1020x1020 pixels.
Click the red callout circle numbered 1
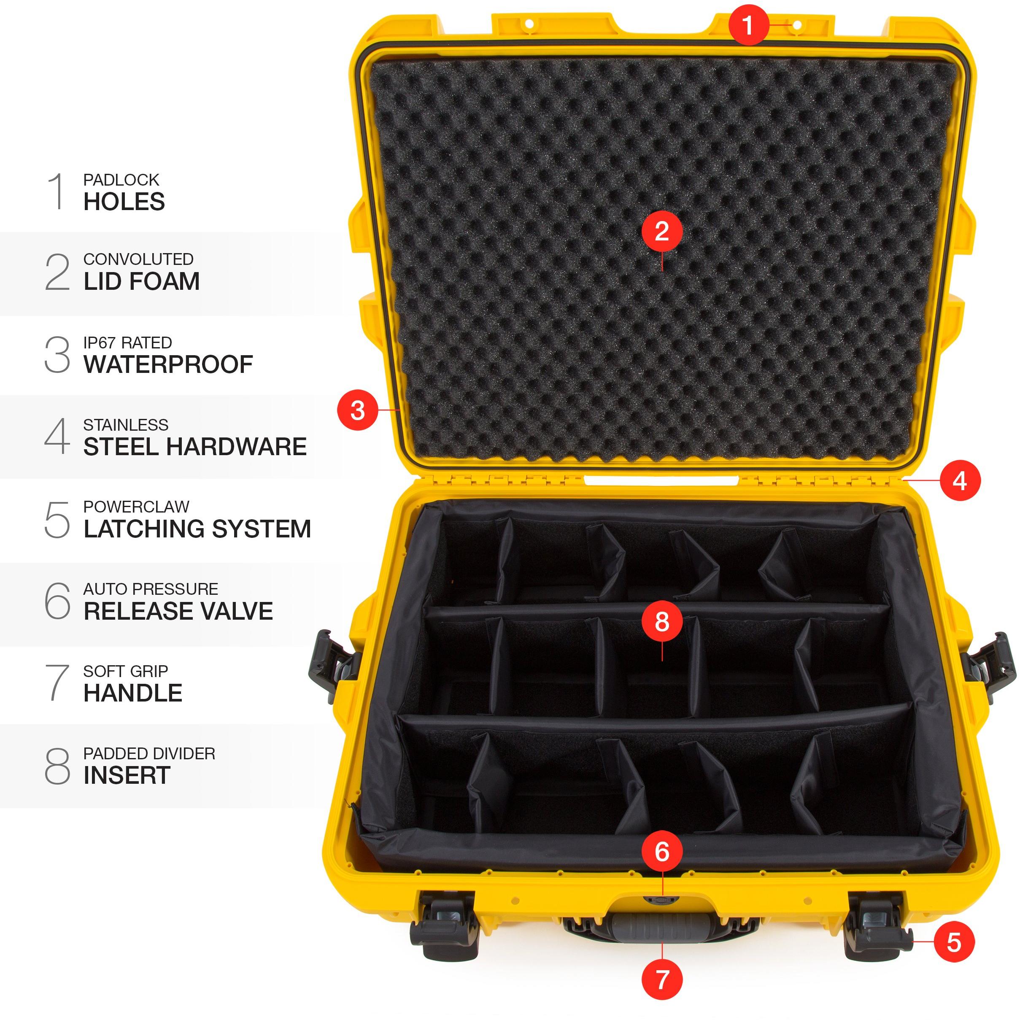(x=748, y=25)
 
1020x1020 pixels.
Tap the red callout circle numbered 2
(x=662, y=231)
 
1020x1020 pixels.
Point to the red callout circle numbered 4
(x=960, y=481)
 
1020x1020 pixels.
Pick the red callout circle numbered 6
(x=662, y=851)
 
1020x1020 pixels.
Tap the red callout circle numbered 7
(x=662, y=980)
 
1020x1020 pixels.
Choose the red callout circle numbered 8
(x=662, y=621)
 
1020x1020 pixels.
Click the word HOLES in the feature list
(x=124, y=202)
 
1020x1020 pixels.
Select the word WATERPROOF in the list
(x=168, y=364)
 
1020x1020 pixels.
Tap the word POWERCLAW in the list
(x=136, y=507)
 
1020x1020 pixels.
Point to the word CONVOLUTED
(x=138, y=259)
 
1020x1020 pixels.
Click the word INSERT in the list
(x=127, y=775)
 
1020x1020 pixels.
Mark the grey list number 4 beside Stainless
(x=57, y=436)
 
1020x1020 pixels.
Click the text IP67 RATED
(x=128, y=343)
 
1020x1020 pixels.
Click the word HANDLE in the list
(x=133, y=693)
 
